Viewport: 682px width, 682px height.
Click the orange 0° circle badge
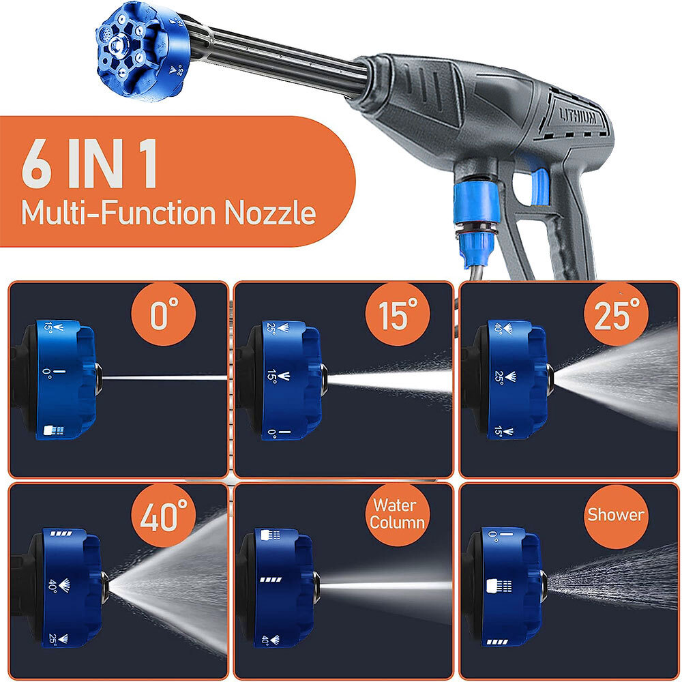coord(164,314)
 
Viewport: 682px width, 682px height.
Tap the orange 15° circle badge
coord(398,314)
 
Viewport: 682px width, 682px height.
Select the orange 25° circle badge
coord(616,314)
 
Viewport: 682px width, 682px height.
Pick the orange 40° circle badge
coord(164,516)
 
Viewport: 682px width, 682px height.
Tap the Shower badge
coord(616,516)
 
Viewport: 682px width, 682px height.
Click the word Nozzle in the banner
coord(270,213)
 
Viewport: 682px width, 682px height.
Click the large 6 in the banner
coord(37,163)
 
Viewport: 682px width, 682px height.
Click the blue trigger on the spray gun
coord(539,186)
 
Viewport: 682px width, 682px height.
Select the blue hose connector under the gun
coord(476,222)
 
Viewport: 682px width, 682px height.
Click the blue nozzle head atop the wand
coord(140,51)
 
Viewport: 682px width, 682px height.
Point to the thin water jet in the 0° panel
coord(165,378)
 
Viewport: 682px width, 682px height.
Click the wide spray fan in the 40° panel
coord(170,583)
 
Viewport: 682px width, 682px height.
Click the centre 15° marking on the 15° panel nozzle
coord(278,376)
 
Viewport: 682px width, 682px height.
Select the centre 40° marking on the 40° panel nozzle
coord(58,585)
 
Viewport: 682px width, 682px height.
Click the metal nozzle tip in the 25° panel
coord(550,379)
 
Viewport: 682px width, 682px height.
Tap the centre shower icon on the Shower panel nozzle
coord(499,587)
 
